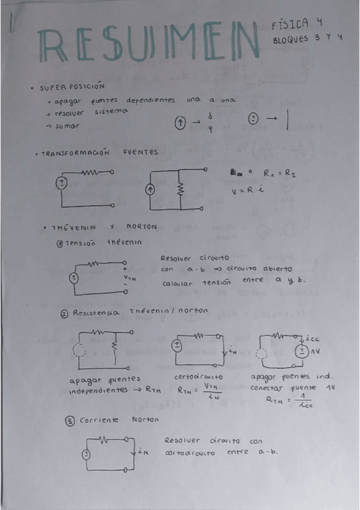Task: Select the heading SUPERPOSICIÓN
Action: coord(73,87)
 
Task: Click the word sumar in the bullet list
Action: coord(67,126)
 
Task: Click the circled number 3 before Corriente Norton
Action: coord(70,420)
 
